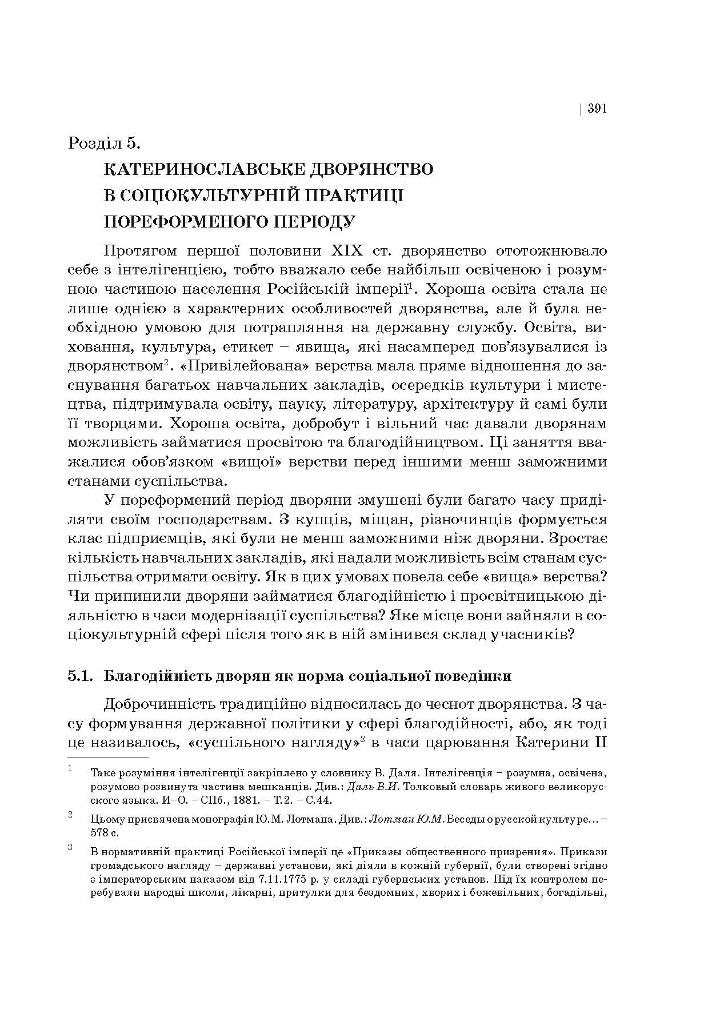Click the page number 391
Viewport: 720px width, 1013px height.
pyautogui.click(x=597, y=109)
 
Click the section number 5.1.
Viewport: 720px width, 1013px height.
pyautogui.click(x=80, y=676)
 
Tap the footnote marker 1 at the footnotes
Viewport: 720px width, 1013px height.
pyautogui.click(x=70, y=769)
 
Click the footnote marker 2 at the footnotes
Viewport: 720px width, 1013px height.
pyautogui.click(x=70, y=815)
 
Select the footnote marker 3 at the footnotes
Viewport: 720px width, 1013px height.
pyautogui.click(x=70, y=847)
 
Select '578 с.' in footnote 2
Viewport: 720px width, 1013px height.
pyautogui.click(x=105, y=832)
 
